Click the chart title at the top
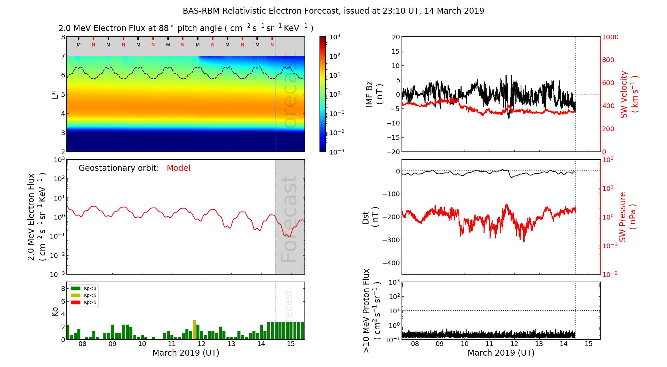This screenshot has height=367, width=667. click(333, 11)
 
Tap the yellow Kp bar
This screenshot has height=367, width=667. click(194, 330)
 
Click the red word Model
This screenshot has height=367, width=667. click(178, 168)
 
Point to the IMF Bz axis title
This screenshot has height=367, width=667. click(374, 94)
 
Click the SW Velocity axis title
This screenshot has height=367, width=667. click(629, 94)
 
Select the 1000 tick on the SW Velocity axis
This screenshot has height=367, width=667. click(610, 37)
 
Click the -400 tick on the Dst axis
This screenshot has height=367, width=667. click(391, 263)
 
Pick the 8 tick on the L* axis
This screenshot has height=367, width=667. click(63, 37)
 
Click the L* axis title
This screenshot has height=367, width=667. click(55, 94)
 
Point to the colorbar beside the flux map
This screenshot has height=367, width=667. click(323, 94)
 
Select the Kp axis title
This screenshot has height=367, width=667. click(55, 311)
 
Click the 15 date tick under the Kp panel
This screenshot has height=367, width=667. click(291, 344)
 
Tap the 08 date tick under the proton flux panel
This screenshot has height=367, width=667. click(415, 344)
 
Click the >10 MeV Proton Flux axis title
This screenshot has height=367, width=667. click(372, 311)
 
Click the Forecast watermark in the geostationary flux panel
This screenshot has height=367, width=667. click(289, 219)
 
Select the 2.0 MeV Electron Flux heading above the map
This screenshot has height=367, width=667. click(186, 28)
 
